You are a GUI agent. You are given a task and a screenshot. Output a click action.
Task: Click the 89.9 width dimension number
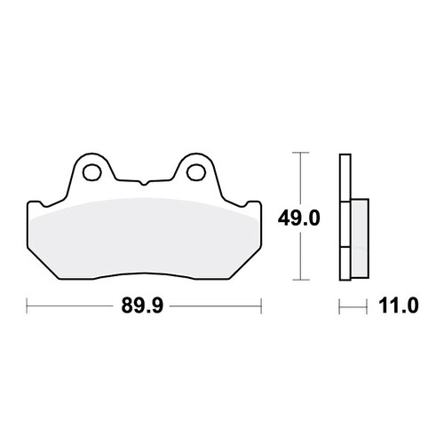pos(142,305)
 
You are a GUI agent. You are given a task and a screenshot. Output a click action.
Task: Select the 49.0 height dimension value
pos(299,218)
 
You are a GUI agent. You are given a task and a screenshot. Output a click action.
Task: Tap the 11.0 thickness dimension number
pos(399,305)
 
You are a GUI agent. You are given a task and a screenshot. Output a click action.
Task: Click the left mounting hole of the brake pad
pos(92,171)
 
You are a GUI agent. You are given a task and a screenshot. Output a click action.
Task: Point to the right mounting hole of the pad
pos(196,171)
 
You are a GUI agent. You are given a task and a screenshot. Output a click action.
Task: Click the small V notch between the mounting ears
pos(144,183)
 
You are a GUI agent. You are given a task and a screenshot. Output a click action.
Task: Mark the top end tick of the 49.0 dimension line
pos(301,153)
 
